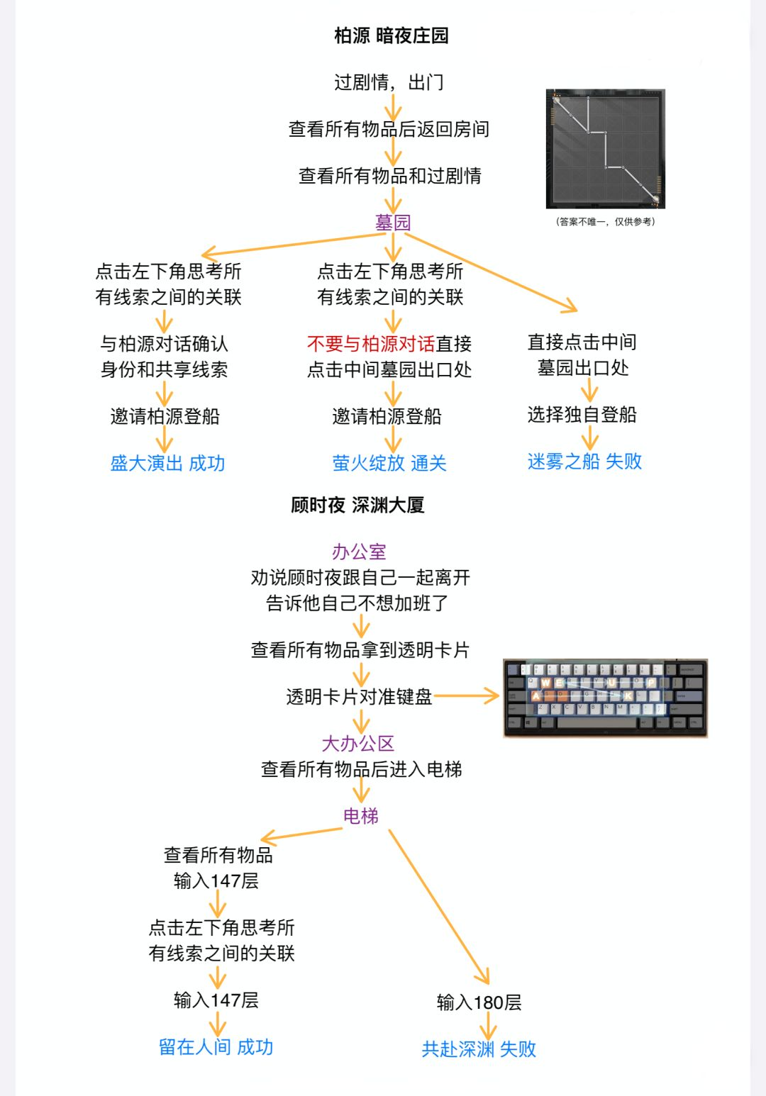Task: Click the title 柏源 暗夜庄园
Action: (x=391, y=35)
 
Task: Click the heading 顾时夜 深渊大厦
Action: (x=357, y=505)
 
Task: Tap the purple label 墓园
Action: (x=392, y=223)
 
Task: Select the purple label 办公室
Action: (x=359, y=552)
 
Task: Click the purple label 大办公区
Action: (x=357, y=744)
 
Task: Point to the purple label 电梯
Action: (x=361, y=816)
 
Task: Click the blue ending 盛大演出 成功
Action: (x=167, y=464)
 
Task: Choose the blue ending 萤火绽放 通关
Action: (x=389, y=464)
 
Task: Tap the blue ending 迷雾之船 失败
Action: (x=584, y=462)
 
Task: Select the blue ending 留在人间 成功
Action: (x=216, y=1047)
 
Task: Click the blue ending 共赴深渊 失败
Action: (x=479, y=1049)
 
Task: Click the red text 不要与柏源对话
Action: (x=371, y=344)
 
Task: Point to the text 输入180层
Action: (x=479, y=1002)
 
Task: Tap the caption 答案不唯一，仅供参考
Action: (x=606, y=222)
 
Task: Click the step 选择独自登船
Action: (x=582, y=415)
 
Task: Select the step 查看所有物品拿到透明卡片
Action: (x=360, y=650)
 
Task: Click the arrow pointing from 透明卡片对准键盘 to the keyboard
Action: (x=466, y=695)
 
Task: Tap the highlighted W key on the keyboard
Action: (x=545, y=683)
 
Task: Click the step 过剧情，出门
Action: (x=389, y=82)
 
